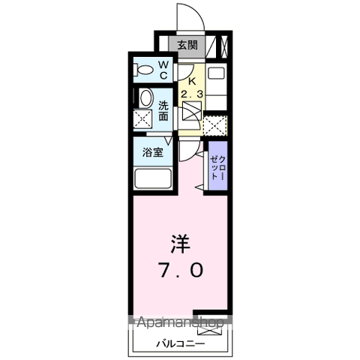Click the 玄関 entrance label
click(x=187, y=45)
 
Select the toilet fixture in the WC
click(x=142, y=70)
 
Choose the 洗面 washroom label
click(x=163, y=110)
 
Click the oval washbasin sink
click(x=145, y=97)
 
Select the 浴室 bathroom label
click(x=154, y=152)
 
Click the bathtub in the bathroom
click(x=154, y=179)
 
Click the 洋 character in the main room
click(x=178, y=244)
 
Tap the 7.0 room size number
click(x=178, y=270)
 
